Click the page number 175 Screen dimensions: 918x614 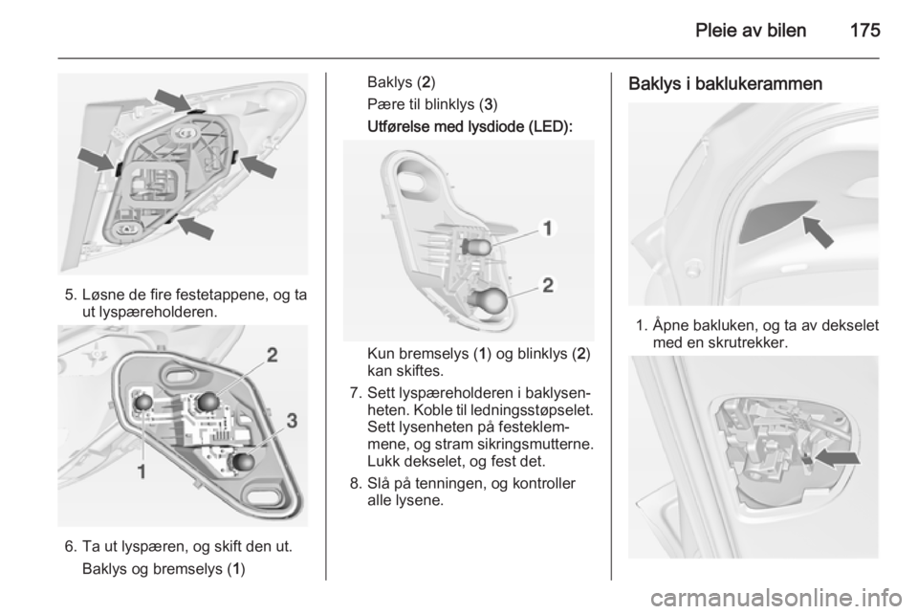[864, 30]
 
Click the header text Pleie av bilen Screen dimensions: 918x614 [751, 30]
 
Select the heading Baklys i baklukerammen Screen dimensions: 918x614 [726, 84]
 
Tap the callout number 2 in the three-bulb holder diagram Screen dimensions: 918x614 [273, 355]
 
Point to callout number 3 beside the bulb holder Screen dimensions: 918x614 [291, 420]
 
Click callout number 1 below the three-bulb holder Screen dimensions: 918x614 [142, 471]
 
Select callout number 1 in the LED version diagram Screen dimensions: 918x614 [547, 229]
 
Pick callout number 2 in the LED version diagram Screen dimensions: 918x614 [548, 285]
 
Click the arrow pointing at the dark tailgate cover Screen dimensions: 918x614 [819, 231]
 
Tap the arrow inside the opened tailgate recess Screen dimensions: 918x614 [838, 458]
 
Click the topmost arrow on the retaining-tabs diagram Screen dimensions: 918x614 [173, 99]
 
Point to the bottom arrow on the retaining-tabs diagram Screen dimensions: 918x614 [195, 227]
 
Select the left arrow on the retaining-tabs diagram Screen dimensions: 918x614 [96, 160]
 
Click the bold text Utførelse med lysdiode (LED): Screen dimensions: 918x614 [470, 127]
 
